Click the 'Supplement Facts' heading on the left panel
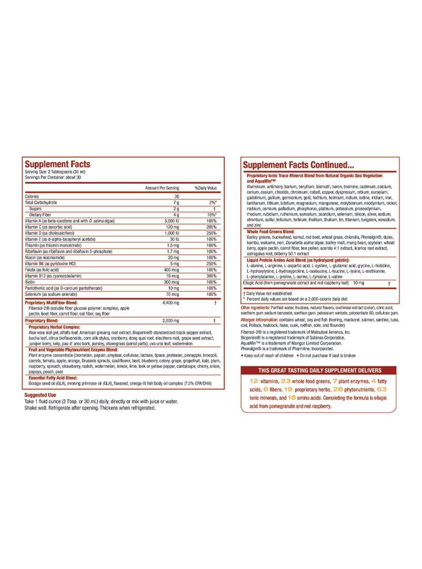point(57,164)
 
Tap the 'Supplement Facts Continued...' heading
point(298,165)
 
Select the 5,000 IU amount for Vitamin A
point(172,221)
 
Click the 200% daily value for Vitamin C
point(211,227)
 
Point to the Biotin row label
point(30,282)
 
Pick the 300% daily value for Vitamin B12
point(211,276)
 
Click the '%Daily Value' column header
point(206,188)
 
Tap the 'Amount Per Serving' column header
point(162,188)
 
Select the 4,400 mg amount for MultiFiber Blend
point(170,303)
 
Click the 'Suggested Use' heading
point(40,395)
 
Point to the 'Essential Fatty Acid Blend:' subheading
point(53,378)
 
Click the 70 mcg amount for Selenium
point(172,295)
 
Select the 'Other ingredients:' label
point(255,308)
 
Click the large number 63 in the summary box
point(381,389)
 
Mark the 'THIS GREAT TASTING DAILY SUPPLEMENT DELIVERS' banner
point(319,370)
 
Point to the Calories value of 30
point(177,196)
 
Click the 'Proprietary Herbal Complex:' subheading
point(54,327)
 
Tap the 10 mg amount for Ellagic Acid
point(358,283)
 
